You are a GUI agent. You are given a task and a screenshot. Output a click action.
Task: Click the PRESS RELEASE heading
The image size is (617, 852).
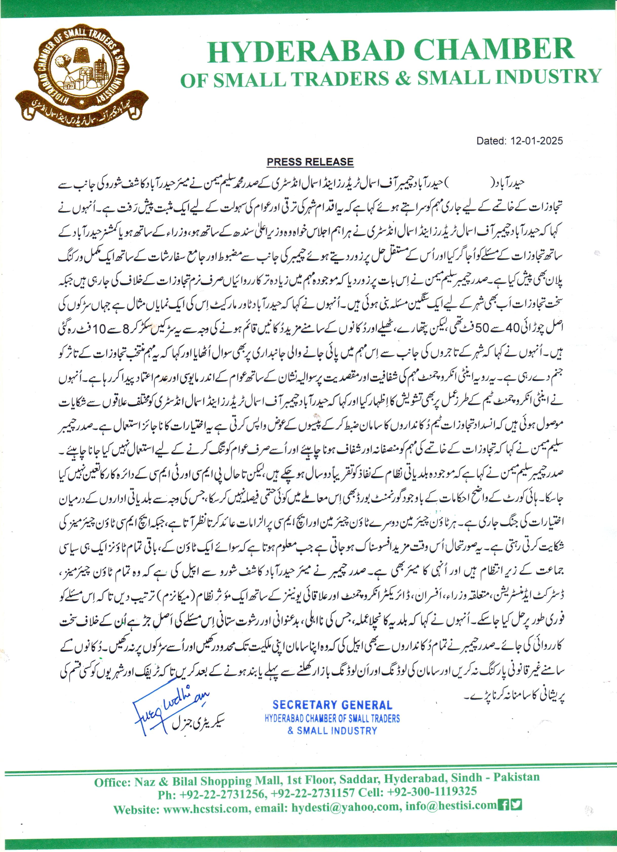[310, 162]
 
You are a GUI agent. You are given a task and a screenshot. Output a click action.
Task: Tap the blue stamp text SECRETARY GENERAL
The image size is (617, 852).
[333, 705]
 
